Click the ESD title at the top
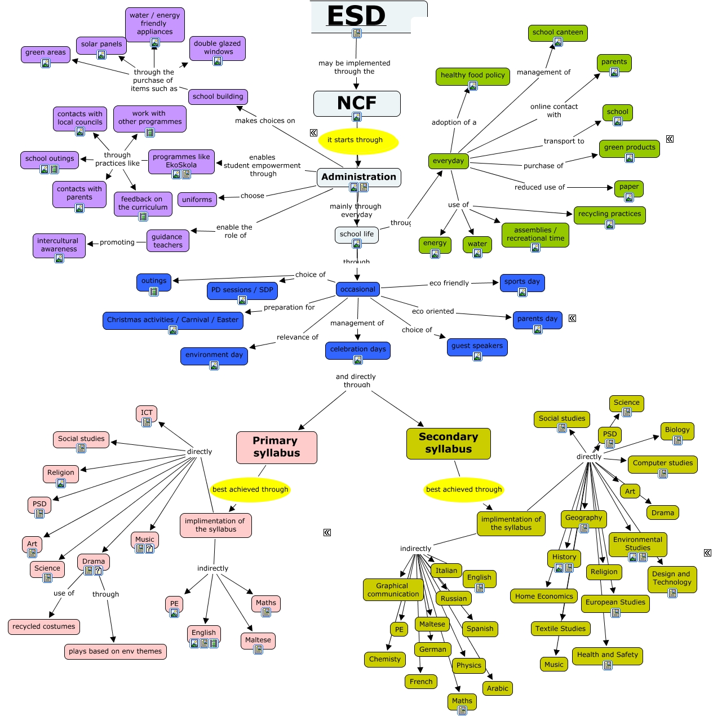(x=357, y=16)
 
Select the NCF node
(x=357, y=103)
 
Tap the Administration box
(x=358, y=177)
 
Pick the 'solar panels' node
(x=101, y=45)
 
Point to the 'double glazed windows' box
(x=218, y=48)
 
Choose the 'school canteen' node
(x=557, y=33)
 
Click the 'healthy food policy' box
(x=472, y=76)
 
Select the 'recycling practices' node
(x=609, y=214)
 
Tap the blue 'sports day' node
(x=522, y=282)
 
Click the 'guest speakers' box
(x=477, y=346)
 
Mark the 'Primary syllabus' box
(x=276, y=447)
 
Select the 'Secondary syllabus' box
(x=448, y=443)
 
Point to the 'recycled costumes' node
(x=44, y=627)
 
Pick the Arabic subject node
(x=498, y=688)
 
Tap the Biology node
(x=677, y=430)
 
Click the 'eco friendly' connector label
(x=449, y=283)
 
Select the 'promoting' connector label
(x=117, y=242)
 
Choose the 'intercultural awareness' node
(x=59, y=245)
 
